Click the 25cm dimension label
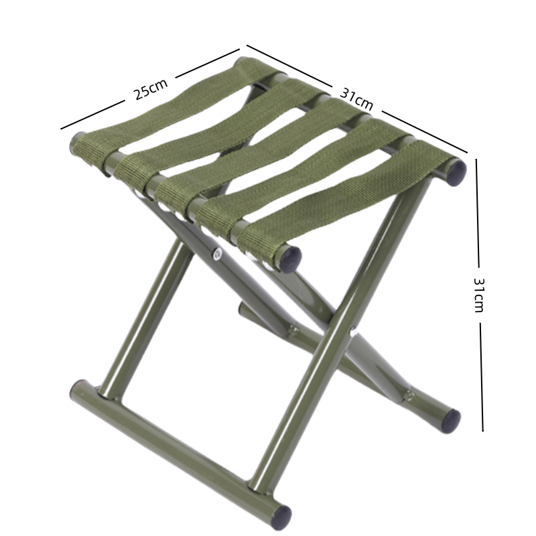(151, 89)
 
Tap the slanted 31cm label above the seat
(356, 99)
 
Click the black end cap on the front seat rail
(289, 259)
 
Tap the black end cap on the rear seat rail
(456, 172)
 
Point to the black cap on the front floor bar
(281, 517)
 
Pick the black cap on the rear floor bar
(451, 421)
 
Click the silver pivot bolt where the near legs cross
(217, 255)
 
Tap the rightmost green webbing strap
(345, 200)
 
